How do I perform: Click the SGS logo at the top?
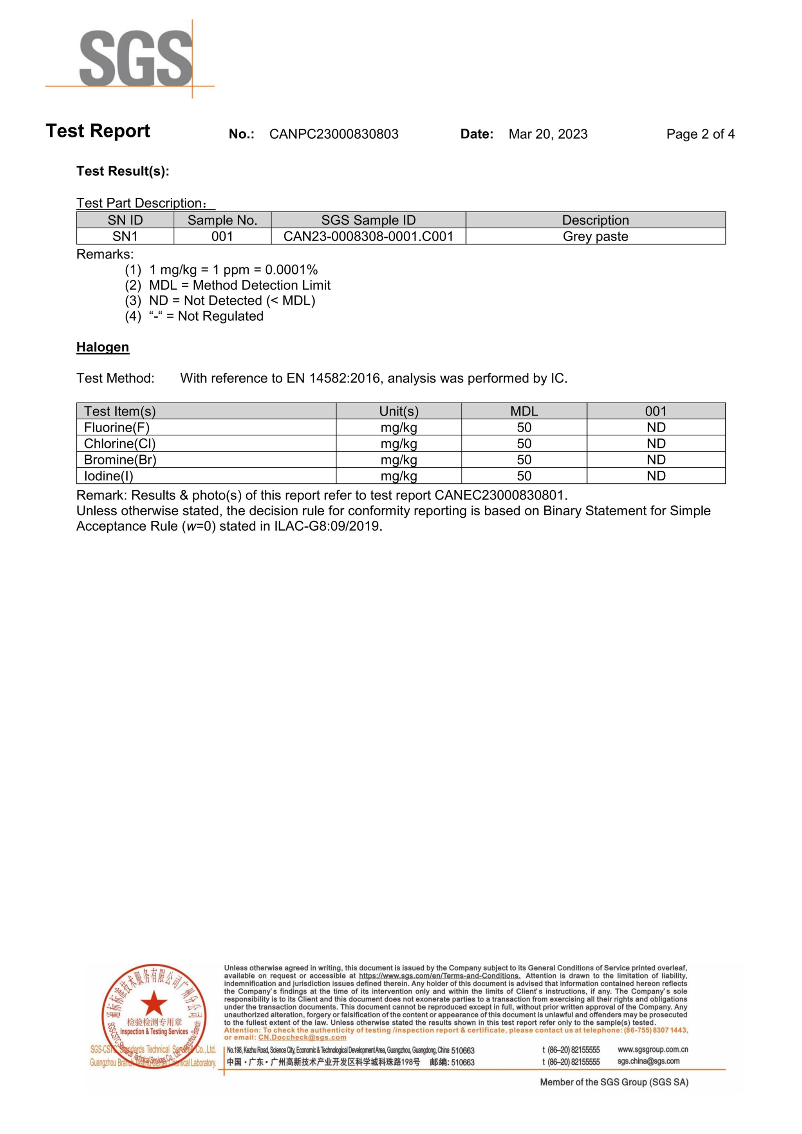coord(136,58)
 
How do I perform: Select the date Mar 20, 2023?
coord(548,134)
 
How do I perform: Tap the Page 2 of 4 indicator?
coord(700,134)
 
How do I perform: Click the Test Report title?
coord(98,131)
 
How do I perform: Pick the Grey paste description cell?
coord(595,237)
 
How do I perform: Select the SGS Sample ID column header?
coord(368,220)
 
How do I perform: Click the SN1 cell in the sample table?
coord(125,237)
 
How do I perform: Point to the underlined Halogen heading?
coord(103,347)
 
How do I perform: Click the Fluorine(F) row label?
coord(117,428)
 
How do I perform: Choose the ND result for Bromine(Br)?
coord(656,460)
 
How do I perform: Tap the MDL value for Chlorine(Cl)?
coord(524,444)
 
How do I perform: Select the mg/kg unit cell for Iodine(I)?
coord(399,476)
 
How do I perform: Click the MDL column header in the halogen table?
coord(524,412)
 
